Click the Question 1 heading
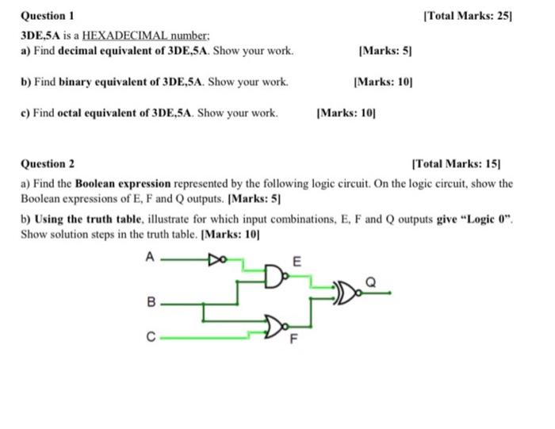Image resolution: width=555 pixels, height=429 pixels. coord(47,16)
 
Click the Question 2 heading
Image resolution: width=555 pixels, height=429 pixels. coord(47,164)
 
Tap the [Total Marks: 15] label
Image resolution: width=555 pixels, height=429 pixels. coord(457,164)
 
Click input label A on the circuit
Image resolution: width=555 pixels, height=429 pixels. coord(149,256)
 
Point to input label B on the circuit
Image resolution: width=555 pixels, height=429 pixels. coord(151,301)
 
